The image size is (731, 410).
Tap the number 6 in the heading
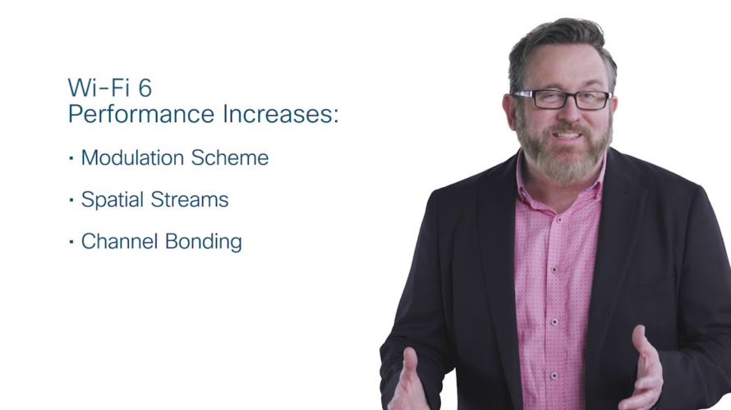click(145, 88)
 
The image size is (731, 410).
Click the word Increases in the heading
click(278, 114)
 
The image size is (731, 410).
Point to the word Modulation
click(133, 157)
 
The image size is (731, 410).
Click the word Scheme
click(230, 157)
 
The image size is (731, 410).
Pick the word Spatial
click(113, 200)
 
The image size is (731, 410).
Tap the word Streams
click(190, 199)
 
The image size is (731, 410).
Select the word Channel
click(120, 242)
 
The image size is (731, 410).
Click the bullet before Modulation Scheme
click(71, 158)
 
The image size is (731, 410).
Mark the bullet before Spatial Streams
click(71, 200)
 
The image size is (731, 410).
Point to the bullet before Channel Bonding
click(71, 242)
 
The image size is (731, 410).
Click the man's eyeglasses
click(562, 99)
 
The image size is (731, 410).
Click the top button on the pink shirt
click(559, 218)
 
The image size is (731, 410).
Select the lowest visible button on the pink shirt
click(554, 376)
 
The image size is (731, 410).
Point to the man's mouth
click(567, 135)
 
